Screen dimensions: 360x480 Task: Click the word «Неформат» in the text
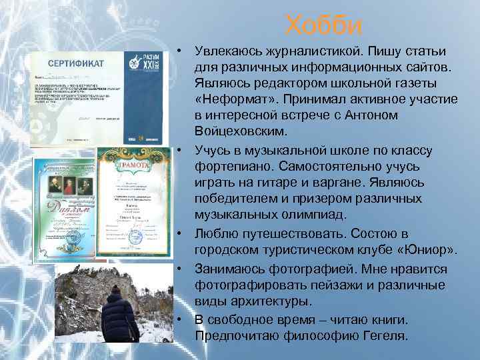pyautogui.click(x=231, y=99)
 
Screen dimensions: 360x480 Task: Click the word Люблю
pyautogui.click(x=213, y=233)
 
